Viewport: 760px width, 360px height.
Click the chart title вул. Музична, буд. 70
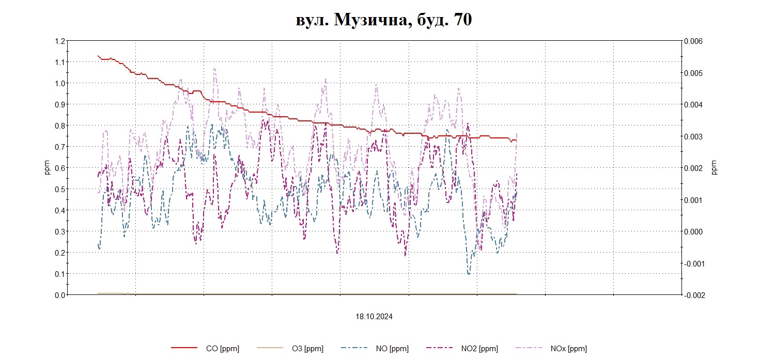coord(383,20)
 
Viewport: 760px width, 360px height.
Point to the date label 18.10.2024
coord(374,317)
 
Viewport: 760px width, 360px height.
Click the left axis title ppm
coord(47,168)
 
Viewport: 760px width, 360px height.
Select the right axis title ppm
coord(715,168)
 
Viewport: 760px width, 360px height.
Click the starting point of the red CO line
coord(98,55)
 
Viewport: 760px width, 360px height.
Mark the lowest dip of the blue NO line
coord(469,274)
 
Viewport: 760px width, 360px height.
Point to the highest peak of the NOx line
coord(214,68)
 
